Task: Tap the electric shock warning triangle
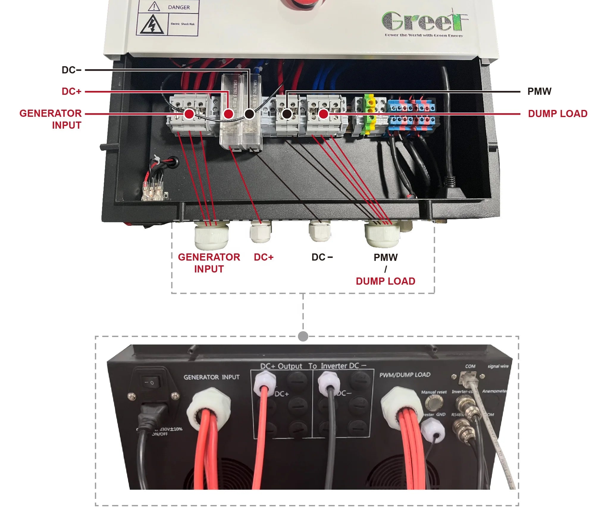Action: pyautogui.click(x=152, y=25)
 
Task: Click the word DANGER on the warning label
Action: pyautogui.click(x=178, y=7)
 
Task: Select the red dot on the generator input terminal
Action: pyautogui.click(x=189, y=114)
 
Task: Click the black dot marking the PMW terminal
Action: pyautogui.click(x=287, y=114)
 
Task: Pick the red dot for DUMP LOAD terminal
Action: pyautogui.click(x=323, y=114)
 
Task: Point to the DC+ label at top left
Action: pyautogui.click(x=71, y=92)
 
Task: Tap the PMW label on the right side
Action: pyautogui.click(x=539, y=92)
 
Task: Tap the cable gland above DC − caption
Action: pyautogui.click(x=319, y=231)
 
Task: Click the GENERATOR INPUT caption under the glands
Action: pyautogui.click(x=209, y=263)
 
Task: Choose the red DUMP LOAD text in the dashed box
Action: pyautogui.click(x=385, y=281)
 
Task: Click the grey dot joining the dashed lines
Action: pyautogui.click(x=303, y=336)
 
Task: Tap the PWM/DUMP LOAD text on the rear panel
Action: pyautogui.click(x=405, y=375)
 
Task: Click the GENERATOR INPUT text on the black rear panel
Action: pyautogui.click(x=212, y=377)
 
